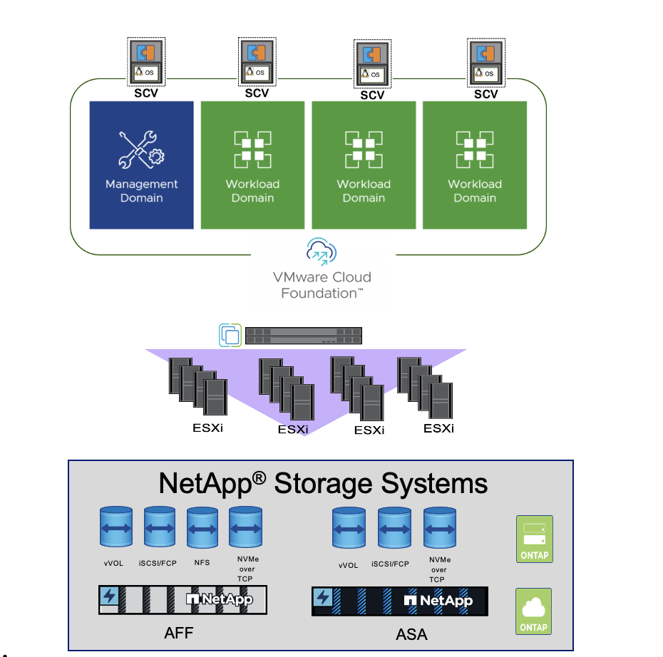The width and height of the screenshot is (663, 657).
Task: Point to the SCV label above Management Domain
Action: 146,93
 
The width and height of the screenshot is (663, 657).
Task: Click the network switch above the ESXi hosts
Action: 304,336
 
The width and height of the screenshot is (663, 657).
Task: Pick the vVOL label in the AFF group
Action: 113,563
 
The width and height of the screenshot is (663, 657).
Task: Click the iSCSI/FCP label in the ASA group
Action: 390,563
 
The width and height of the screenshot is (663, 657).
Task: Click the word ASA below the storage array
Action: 411,633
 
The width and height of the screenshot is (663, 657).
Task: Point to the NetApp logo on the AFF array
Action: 218,600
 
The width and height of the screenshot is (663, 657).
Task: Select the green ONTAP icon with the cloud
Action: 534,611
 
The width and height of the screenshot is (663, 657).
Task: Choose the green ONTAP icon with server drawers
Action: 534,539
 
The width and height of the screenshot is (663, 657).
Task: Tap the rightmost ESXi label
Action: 438,428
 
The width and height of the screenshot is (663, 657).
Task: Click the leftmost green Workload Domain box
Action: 252,165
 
